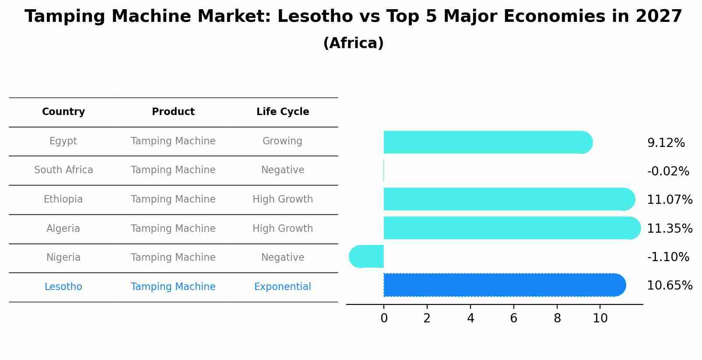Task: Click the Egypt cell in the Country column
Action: [x=63, y=141]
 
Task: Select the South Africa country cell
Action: [x=63, y=170]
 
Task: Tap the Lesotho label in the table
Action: [x=63, y=287]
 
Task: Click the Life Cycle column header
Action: [x=283, y=112]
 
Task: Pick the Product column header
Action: [x=173, y=112]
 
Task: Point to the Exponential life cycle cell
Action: [x=282, y=287]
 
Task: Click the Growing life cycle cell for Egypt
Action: [x=282, y=141]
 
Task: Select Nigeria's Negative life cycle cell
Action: [x=282, y=258]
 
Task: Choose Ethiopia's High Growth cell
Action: [x=282, y=199]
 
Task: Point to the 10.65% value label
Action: [x=669, y=286]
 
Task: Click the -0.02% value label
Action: [x=668, y=171]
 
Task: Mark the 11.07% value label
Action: [x=669, y=200]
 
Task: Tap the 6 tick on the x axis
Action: [x=514, y=318]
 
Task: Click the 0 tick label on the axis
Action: [x=384, y=318]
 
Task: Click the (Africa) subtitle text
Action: [x=353, y=43]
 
